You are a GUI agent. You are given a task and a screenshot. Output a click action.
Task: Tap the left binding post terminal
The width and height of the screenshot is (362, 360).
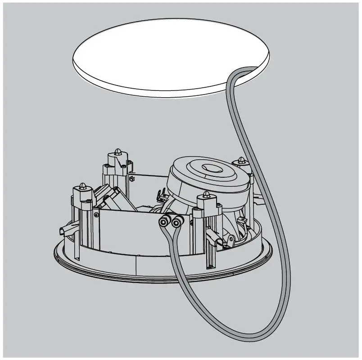tap(163, 222)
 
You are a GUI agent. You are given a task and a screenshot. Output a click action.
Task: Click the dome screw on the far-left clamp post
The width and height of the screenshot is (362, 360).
tap(83, 185)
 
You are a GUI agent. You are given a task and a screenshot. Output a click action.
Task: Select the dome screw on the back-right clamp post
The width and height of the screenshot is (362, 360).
tap(241, 160)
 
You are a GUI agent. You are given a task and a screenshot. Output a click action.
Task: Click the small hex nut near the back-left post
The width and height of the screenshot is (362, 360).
tap(131, 178)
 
